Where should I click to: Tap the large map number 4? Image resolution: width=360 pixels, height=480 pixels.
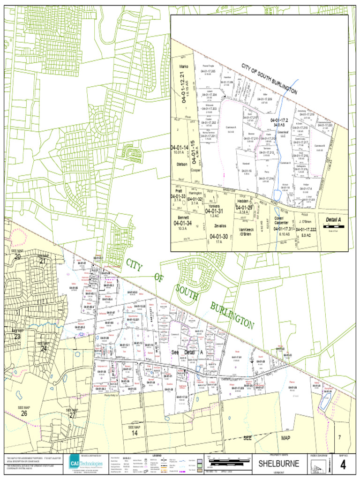343,465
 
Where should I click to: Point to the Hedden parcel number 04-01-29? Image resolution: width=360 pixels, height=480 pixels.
244,207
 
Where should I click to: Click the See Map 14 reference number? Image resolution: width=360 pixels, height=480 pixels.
134,434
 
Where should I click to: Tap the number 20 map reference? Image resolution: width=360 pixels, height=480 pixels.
17,256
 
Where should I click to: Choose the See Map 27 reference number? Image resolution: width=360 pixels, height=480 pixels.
72,415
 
